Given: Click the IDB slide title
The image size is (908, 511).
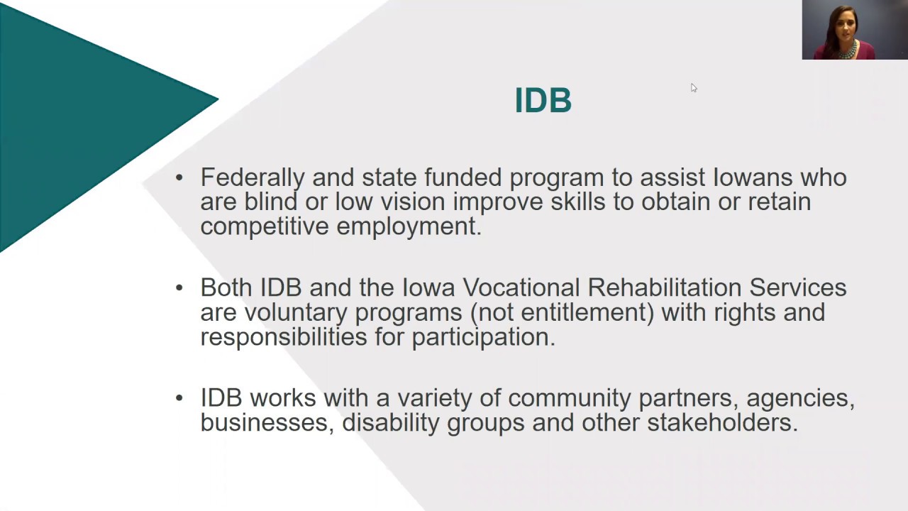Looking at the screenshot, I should [543, 101].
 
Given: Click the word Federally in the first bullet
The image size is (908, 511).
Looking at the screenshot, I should [253, 177].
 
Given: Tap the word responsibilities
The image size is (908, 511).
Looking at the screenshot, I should [282, 337].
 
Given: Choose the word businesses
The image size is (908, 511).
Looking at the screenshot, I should [267, 423].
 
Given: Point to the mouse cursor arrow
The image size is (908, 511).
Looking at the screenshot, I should [693, 87].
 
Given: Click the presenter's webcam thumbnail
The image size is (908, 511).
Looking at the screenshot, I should [854, 30].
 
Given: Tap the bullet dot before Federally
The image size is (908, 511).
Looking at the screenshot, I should [179, 177].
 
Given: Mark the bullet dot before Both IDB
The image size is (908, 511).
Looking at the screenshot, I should [179, 287].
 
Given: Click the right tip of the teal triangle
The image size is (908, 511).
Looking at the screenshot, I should [216, 100].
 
